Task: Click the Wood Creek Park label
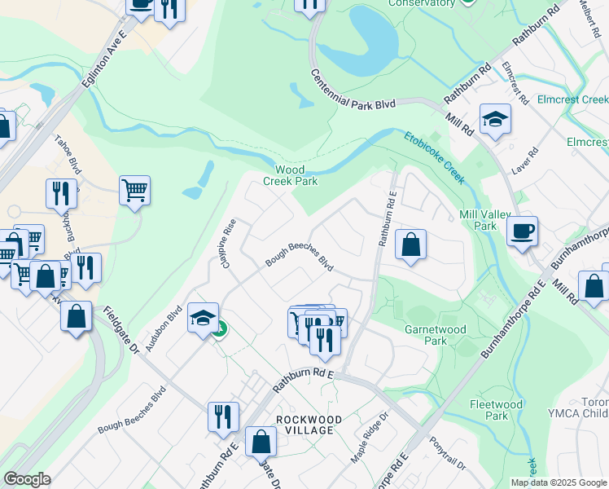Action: tap(290, 175)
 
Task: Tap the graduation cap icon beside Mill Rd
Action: tap(494, 119)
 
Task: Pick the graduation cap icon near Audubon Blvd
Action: tap(203, 317)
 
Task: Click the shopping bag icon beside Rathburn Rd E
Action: tap(411, 244)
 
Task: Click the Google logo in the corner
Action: tap(27, 479)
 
